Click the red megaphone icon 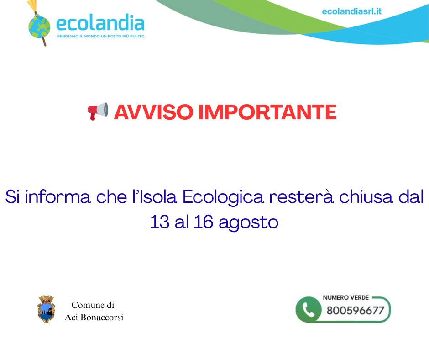(x=98, y=111)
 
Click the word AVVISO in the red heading (x=153, y=112)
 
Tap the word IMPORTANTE (x=267, y=112)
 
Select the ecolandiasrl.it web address (x=351, y=11)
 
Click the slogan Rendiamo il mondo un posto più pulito (x=101, y=36)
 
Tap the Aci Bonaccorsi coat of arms (x=46, y=309)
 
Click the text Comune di (x=93, y=305)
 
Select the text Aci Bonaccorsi (x=94, y=317)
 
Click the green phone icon (x=309, y=310)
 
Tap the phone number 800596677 (x=356, y=310)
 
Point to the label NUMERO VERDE (x=346, y=297)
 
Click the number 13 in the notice (x=160, y=222)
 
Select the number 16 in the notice (x=203, y=222)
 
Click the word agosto (x=248, y=223)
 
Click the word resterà (x=301, y=197)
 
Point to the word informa (x=58, y=197)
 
